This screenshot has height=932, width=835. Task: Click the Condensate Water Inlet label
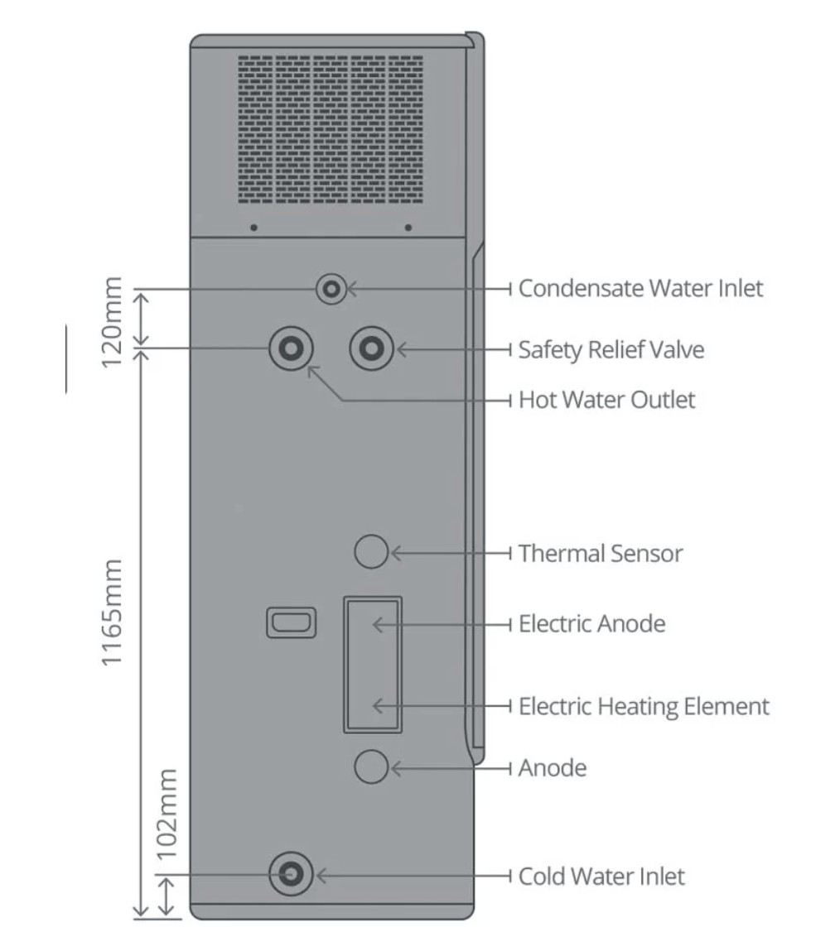[x=640, y=289]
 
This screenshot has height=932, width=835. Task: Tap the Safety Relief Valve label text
[x=611, y=349]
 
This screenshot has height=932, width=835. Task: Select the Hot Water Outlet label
[x=606, y=401]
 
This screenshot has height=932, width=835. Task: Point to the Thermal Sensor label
[x=600, y=552]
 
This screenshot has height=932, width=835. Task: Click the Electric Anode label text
[x=591, y=623]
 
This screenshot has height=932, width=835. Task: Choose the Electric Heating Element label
[x=643, y=707]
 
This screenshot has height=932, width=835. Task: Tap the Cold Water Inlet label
[x=601, y=876]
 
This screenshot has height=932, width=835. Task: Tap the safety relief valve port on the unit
[x=369, y=348]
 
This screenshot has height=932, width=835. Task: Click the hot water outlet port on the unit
[x=290, y=348]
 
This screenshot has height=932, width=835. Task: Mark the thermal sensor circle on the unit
[x=370, y=551]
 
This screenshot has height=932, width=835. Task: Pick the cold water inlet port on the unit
[x=291, y=874]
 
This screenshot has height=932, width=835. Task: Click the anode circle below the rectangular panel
[x=370, y=768]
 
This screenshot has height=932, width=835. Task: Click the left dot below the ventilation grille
[x=253, y=227]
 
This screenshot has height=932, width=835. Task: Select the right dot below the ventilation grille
[x=408, y=227]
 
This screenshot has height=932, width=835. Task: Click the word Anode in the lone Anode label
[x=552, y=768]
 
